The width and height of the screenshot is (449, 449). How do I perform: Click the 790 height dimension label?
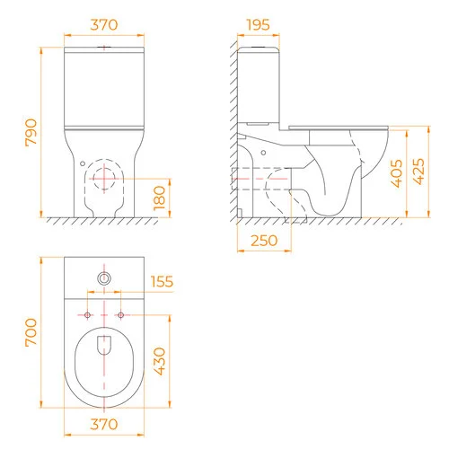(x=31, y=132)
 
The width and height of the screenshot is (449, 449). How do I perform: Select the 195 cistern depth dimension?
(x=258, y=25)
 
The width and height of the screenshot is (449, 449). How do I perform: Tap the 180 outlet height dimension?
(x=159, y=198)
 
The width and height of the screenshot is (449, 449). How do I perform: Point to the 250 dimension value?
(x=264, y=241)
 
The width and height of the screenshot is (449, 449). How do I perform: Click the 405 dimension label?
(x=397, y=173)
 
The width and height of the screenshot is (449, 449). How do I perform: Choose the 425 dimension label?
(x=418, y=172)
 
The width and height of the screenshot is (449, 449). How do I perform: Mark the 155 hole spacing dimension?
(x=162, y=282)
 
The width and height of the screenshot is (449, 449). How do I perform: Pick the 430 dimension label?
(x=159, y=361)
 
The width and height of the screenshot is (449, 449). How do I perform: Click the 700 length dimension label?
(x=31, y=332)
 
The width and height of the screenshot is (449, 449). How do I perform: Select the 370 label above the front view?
(x=104, y=25)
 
